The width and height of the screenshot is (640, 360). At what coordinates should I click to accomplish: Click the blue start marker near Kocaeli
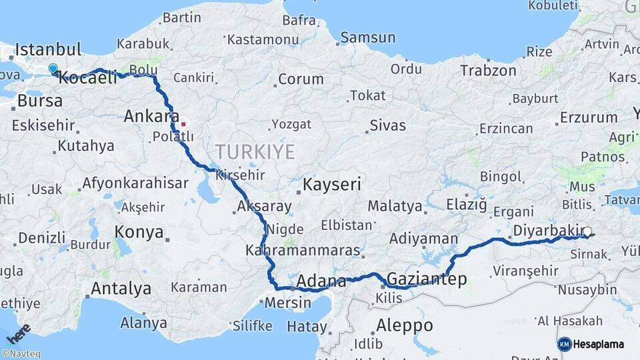click(53, 68)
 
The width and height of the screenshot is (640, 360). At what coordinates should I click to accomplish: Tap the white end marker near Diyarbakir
click(587, 233)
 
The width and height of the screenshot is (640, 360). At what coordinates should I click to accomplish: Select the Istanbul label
click(48, 49)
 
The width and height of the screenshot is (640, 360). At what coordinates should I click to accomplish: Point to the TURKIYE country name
click(255, 152)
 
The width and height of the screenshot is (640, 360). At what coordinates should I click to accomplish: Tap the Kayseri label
click(332, 185)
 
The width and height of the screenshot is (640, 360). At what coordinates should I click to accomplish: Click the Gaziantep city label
click(427, 279)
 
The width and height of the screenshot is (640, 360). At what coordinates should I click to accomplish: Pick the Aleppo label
click(404, 326)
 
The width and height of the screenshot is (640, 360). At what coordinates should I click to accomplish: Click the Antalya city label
click(120, 289)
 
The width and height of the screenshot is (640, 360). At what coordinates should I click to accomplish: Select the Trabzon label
click(488, 70)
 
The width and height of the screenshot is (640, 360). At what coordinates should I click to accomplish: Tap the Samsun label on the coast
click(368, 38)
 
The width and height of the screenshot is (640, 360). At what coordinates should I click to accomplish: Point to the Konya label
click(139, 232)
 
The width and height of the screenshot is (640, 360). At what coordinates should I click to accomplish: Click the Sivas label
click(387, 124)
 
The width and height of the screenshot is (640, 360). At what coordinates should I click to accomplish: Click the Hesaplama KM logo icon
click(564, 344)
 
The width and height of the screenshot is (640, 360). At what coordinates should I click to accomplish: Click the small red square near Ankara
click(183, 123)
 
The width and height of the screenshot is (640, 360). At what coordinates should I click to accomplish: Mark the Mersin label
click(288, 303)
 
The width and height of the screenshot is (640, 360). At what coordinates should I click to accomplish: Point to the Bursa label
click(40, 101)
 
